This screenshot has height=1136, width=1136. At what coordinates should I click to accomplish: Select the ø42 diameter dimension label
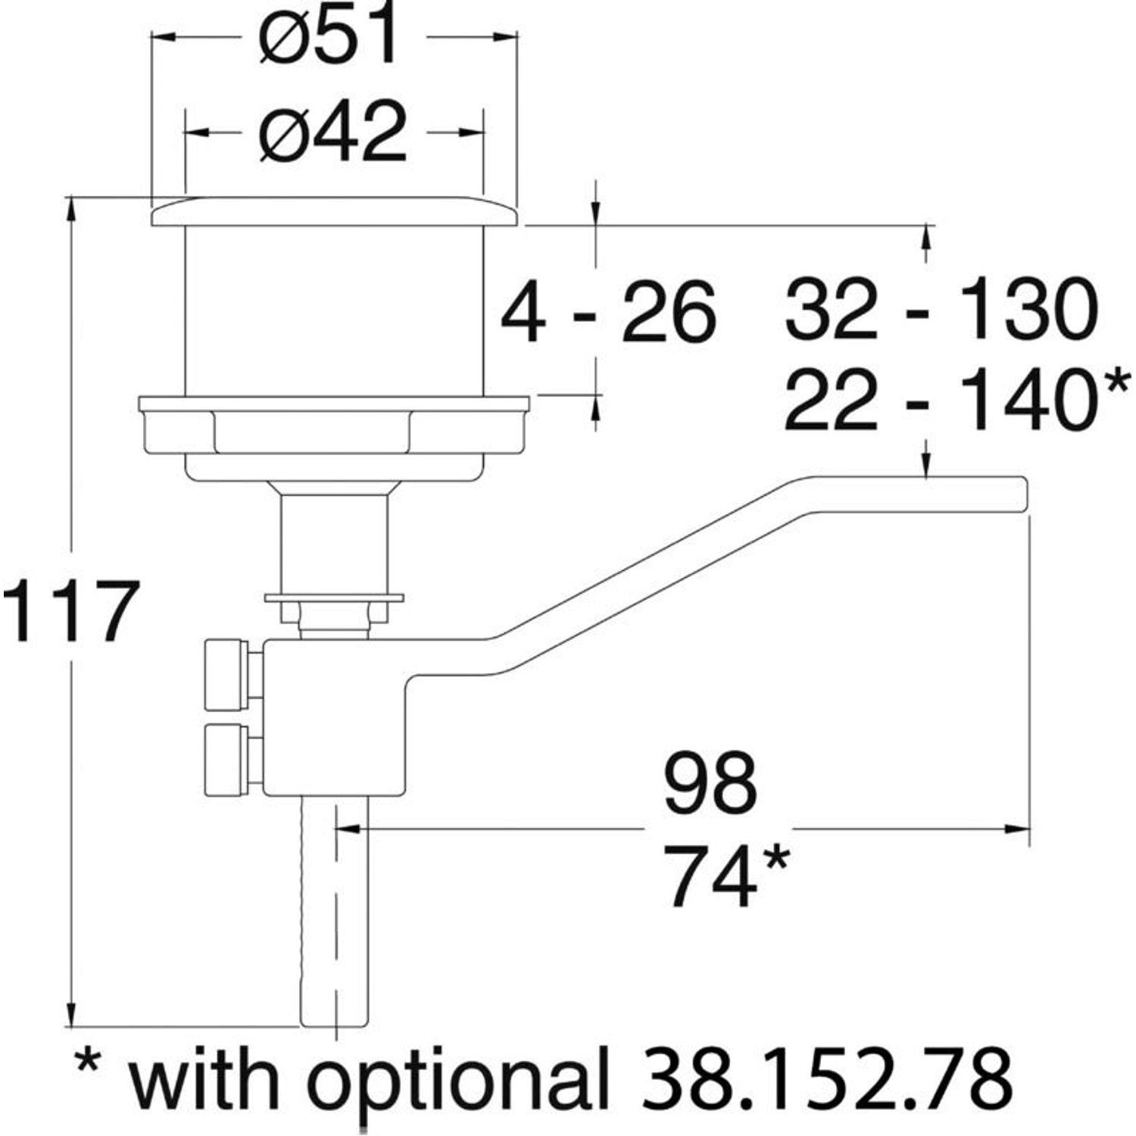(332, 133)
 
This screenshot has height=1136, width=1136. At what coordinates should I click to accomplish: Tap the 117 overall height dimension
(71, 610)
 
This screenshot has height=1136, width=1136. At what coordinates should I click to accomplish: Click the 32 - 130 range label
(941, 311)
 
